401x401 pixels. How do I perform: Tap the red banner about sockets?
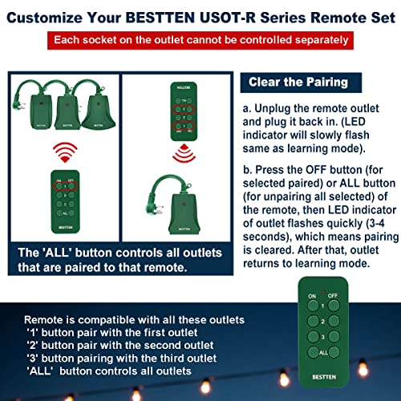pyautogui.click(x=200, y=38)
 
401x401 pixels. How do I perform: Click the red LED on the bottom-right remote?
pyautogui.click(x=323, y=286)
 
